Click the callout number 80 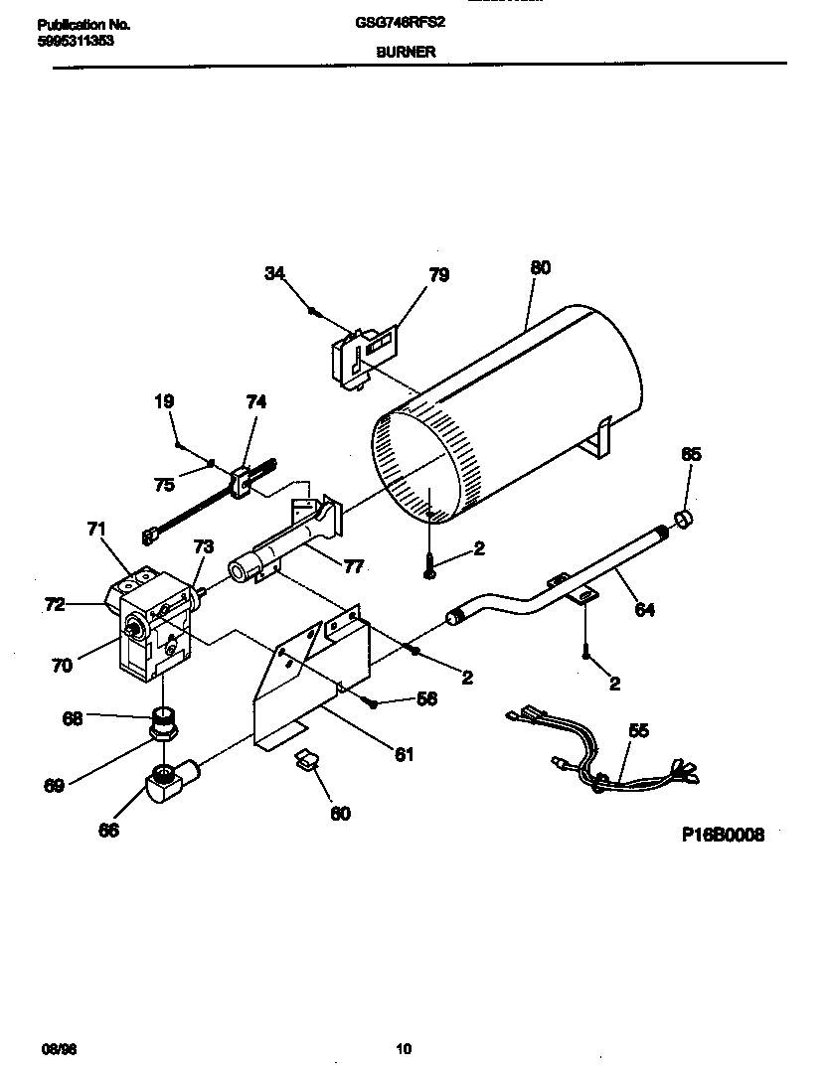(541, 267)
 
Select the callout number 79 (438, 275)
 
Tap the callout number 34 (275, 273)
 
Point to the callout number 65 (691, 454)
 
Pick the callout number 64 (645, 610)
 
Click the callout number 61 (403, 754)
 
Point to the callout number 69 (54, 785)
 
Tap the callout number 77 (353, 567)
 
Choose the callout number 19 (164, 401)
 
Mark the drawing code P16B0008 (723, 836)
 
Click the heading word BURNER (405, 52)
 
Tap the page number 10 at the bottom (404, 1048)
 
